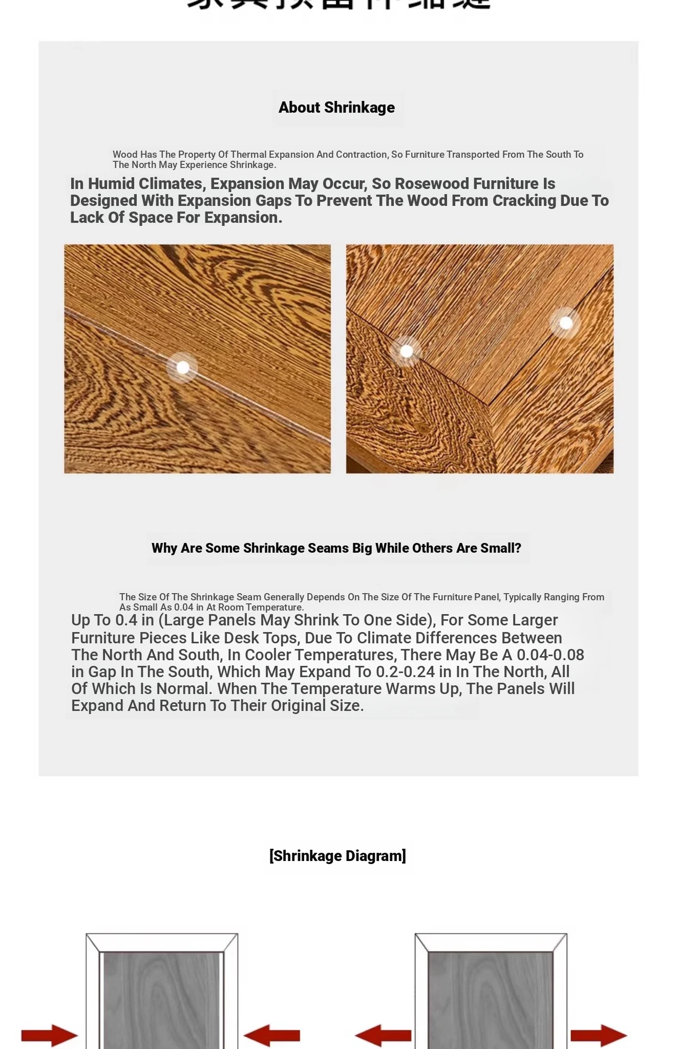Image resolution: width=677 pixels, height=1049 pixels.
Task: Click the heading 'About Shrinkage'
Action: coord(336,108)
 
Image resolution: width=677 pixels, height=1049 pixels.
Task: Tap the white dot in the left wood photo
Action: coord(183,367)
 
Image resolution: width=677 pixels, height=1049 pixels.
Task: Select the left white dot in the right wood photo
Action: coord(406,351)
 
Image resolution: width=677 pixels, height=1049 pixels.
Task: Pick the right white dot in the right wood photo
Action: coord(566,323)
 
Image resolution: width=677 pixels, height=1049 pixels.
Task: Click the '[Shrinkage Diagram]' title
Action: coord(337,856)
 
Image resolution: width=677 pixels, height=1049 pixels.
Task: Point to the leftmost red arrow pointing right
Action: coord(49,1035)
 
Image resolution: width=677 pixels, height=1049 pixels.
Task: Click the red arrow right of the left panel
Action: coord(272,1035)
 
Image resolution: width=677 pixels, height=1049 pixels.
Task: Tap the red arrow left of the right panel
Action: coord(383,1035)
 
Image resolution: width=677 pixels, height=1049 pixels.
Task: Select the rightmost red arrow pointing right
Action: coord(598,1035)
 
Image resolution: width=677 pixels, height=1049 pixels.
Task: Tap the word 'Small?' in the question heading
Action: coord(500,548)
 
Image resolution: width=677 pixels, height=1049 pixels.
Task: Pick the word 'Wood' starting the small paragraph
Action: coord(125,155)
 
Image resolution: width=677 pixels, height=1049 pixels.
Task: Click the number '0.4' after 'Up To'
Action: coord(126,620)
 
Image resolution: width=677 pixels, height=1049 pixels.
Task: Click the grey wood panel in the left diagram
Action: coord(162,999)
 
